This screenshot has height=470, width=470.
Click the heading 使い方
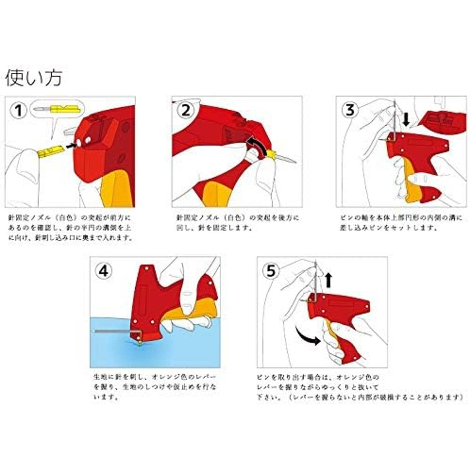click(x=34, y=78)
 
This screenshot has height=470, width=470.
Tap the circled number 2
click(x=186, y=111)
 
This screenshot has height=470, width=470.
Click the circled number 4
click(x=104, y=271)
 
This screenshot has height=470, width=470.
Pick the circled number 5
click(x=271, y=271)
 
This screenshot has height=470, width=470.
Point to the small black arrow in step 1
click(x=72, y=144)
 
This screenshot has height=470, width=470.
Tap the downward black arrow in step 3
click(x=406, y=120)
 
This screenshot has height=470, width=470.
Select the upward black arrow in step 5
click(x=328, y=280)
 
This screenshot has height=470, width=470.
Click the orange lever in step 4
click(x=194, y=309)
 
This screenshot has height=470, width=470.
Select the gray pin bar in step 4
click(x=113, y=331)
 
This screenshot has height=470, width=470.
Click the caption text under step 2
click(x=238, y=222)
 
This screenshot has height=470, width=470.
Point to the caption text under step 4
click(x=155, y=387)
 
